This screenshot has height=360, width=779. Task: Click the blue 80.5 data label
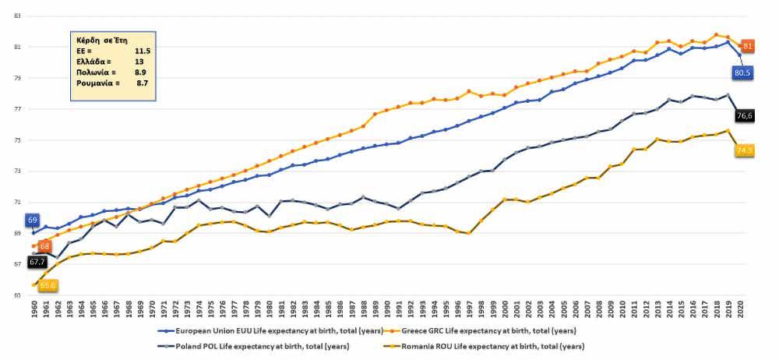pyautogui.click(x=743, y=72)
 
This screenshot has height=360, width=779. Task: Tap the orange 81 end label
pyautogui.click(x=747, y=47)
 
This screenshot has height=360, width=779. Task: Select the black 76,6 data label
pyautogui.click(x=746, y=115)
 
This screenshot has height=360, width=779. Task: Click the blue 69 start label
pyautogui.click(x=33, y=221)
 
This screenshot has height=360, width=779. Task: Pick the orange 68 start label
pyautogui.click(x=44, y=246)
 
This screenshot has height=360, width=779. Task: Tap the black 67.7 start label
pyautogui.click(x=37, y=263)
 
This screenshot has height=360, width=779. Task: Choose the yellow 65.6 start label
pyautogui.click(x=48, y=286)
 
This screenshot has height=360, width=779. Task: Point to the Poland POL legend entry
pyautogui.click(x=252, y=345)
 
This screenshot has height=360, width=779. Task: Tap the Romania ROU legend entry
pyautogui.click(x=494, y=345)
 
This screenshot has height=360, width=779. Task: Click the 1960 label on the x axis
pyautogui.click(x=33, y=309)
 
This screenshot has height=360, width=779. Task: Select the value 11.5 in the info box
pyautogui.click(x=143, y=50)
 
